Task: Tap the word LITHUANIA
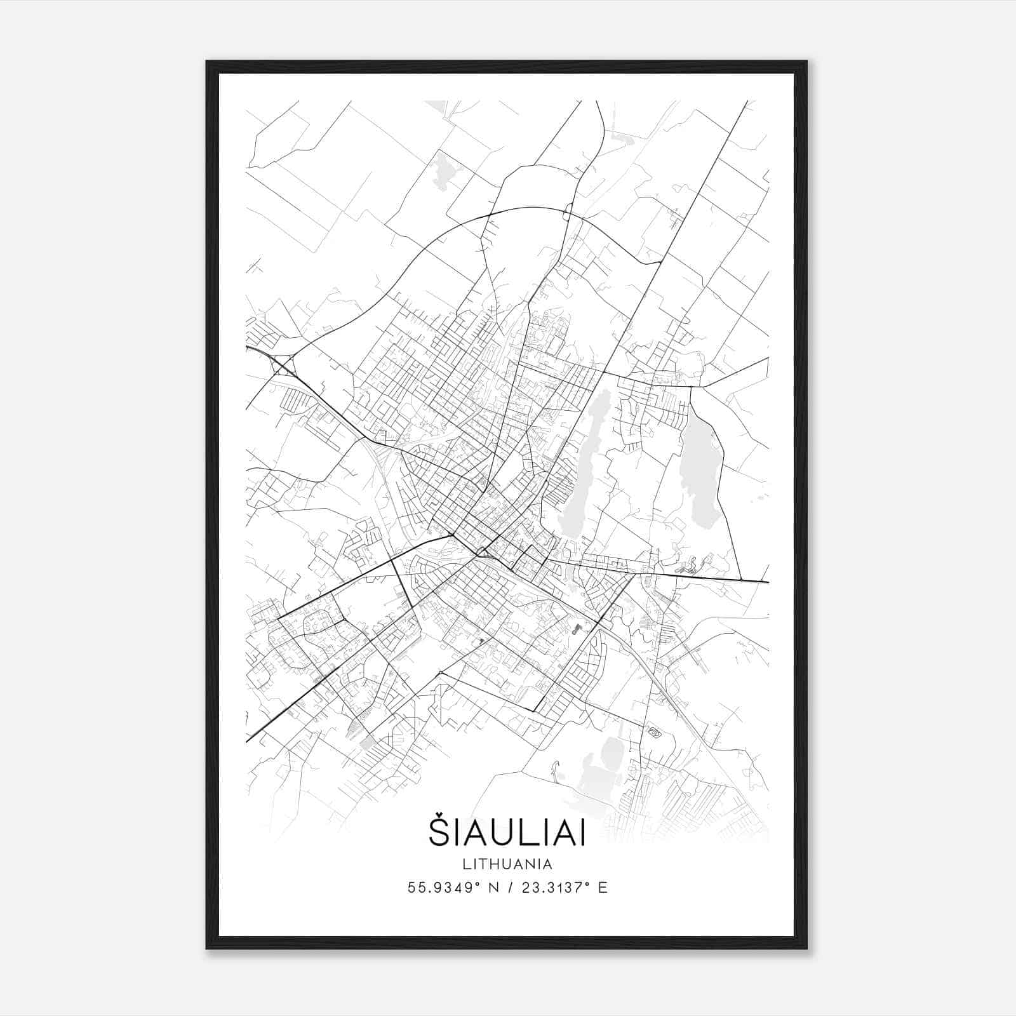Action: tap(507, 864)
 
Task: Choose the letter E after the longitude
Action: tap(603, 888)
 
